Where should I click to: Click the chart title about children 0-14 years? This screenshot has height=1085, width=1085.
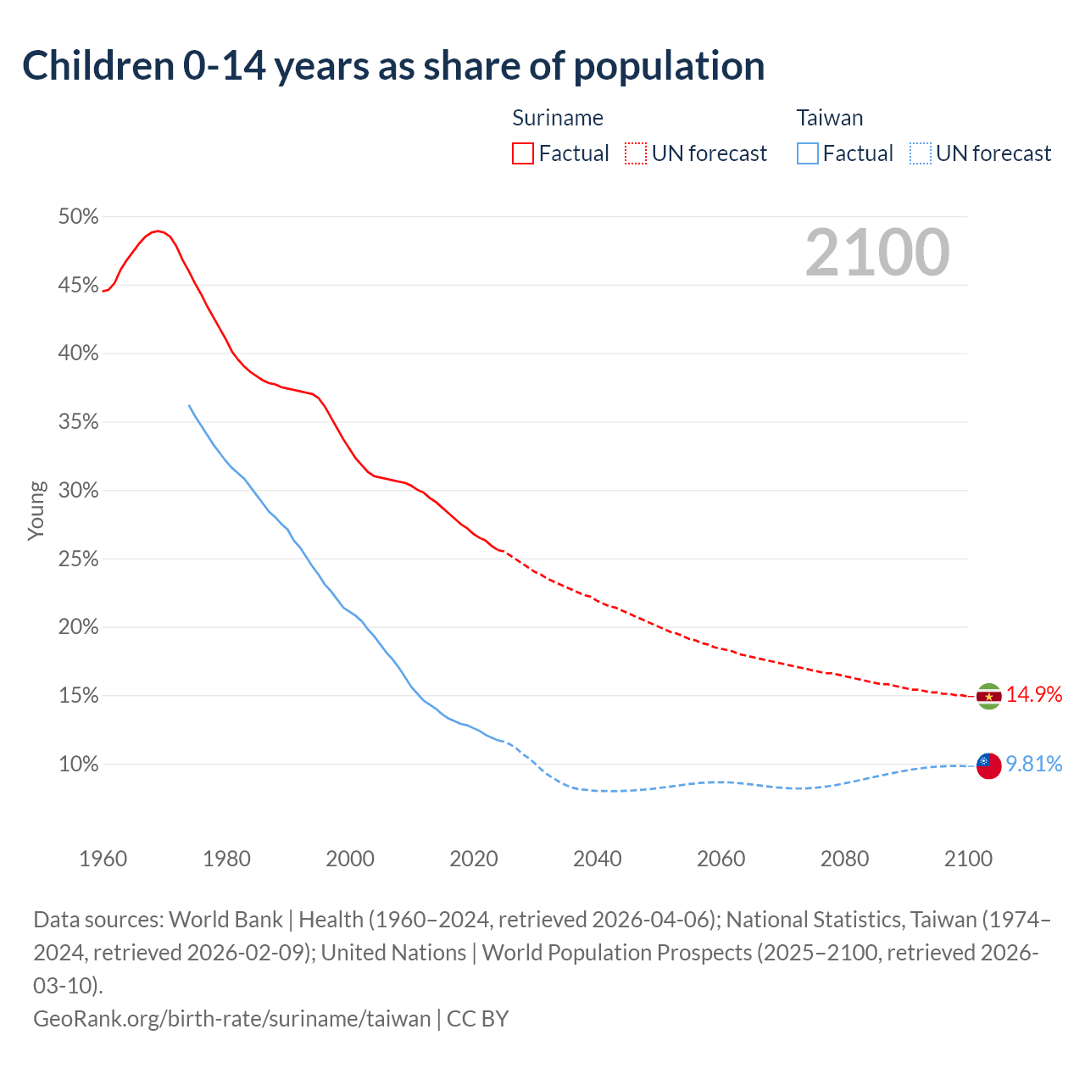(393, 66)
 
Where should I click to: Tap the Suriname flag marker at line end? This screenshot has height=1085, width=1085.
(988, 697)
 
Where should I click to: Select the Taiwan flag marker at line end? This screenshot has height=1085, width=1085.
(988, 765)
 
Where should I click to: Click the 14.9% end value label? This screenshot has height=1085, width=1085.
(1033, 695)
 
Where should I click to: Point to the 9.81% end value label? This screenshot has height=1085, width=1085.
(1033, 765)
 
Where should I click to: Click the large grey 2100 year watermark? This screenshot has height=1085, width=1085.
(877, 253)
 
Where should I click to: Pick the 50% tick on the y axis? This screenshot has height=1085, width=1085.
(79, 217)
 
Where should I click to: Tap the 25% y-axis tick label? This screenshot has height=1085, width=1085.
(79, 559)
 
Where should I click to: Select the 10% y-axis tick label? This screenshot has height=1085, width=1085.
(79, 765)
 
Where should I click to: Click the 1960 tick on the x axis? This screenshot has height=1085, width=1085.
(103, 859)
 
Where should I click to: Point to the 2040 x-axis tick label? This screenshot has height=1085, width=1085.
(598, 859)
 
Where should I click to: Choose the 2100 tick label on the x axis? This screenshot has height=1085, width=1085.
(968, 859)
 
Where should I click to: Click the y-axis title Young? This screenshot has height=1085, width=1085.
(36, 511)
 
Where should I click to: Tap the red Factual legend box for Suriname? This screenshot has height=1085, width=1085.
(523, 153)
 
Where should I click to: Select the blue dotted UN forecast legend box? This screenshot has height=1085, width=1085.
(920, 153)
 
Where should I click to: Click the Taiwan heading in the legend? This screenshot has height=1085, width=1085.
(829, 118)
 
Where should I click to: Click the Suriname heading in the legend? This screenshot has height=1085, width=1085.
(558, 118)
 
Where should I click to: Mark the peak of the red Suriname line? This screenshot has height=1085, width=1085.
(157, 231)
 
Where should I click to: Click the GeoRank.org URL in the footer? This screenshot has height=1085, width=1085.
(231, 1018)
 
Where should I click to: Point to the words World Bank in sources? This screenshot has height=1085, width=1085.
(226, 920)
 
